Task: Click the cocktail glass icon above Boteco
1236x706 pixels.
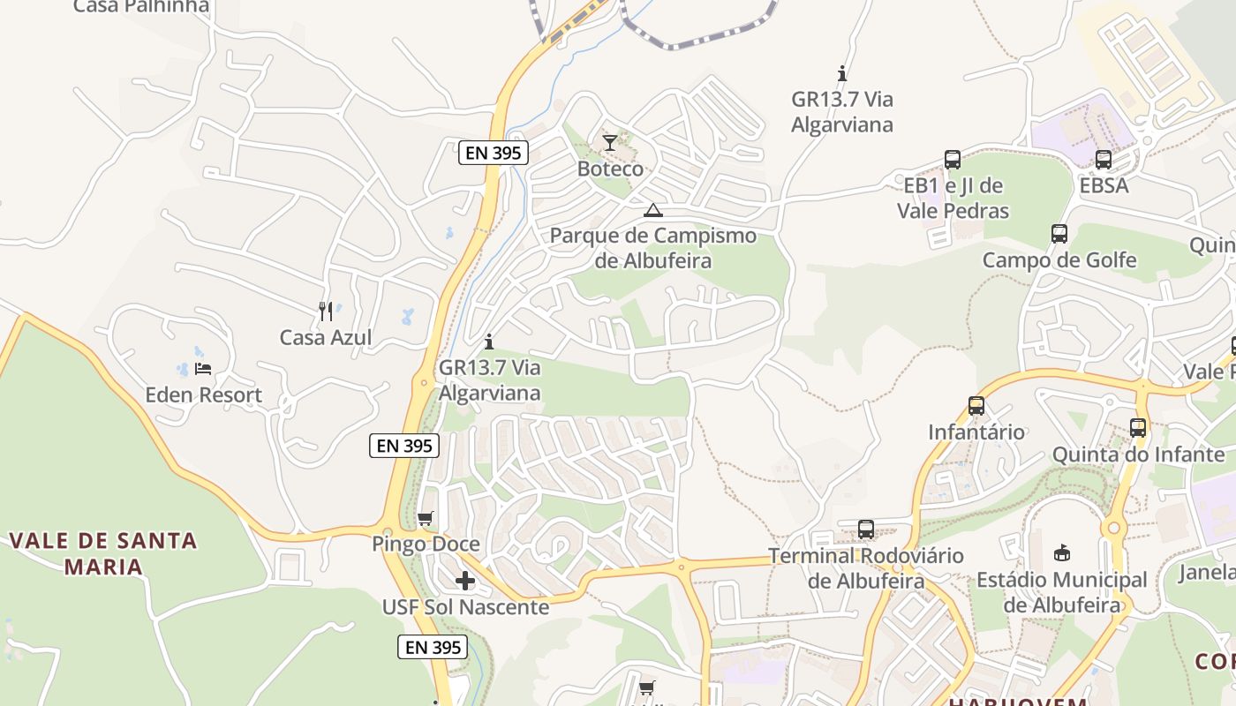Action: [x=610, y=142]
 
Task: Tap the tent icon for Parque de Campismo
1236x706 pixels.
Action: [x=652, y=210]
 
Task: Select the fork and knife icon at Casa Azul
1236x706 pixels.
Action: [x=326, y=311]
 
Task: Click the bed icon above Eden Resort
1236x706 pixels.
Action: [x=203, y=369]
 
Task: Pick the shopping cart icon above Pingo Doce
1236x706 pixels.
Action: [x=426, y=518]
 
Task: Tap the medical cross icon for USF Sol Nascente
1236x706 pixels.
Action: [x=465, y=581]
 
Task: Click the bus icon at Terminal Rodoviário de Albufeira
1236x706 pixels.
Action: [x=866, y=529]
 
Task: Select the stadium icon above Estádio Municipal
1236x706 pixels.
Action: [x=1062, y=553]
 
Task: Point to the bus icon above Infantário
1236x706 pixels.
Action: [x=976, y=406]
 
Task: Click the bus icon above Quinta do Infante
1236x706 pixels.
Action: [x=1138, y=428]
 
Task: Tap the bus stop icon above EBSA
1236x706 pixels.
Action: [x=1104, y=160]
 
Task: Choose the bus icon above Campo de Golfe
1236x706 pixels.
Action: [x=1059, y=234]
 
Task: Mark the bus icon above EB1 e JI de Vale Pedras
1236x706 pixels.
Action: [x=952, y=160]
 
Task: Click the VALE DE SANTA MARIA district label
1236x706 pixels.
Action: [x=104, y=553]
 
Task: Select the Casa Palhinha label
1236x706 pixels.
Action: [x=141, y=7]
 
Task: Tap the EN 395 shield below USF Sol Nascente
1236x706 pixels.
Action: [x=432, y=647]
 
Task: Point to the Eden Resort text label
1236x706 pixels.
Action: [x=203, y=395]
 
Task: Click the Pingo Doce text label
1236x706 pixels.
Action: [x=426, y=545]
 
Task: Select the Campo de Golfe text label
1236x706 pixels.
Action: [x=1059, y=260]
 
